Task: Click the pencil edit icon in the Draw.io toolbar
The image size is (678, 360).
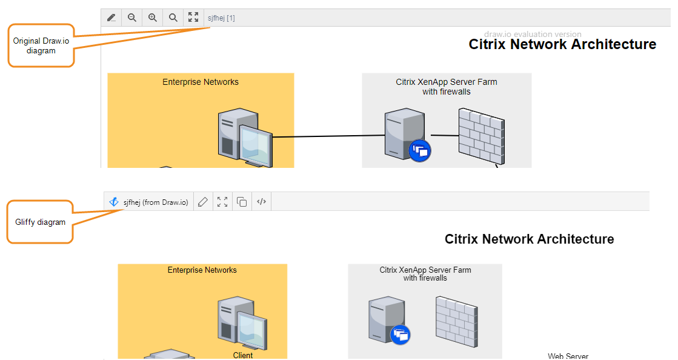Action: point(111,18)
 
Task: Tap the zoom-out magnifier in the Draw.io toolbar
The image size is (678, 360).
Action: point(131,18)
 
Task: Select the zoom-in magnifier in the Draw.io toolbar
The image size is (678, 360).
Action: point(153,18)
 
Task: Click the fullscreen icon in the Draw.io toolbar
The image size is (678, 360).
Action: point(193,18)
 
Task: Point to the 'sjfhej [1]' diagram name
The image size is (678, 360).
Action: point(221,18)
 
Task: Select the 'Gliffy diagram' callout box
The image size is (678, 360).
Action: point(40,222)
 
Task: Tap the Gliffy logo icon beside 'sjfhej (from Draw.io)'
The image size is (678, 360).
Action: point(114,202)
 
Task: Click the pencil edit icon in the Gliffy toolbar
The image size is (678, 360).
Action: point(203,202)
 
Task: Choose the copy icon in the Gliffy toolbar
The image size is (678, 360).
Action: point(242,202)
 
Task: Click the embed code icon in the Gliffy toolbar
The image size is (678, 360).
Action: point(261,202)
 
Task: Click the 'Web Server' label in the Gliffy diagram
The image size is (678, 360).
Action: point(568,356)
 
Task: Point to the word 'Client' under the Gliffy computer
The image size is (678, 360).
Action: point(243,355)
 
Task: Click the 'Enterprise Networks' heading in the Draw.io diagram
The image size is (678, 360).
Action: point(201,82)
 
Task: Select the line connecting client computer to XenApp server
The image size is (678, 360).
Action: point(327,137)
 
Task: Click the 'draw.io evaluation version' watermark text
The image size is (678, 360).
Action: point(533,35)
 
